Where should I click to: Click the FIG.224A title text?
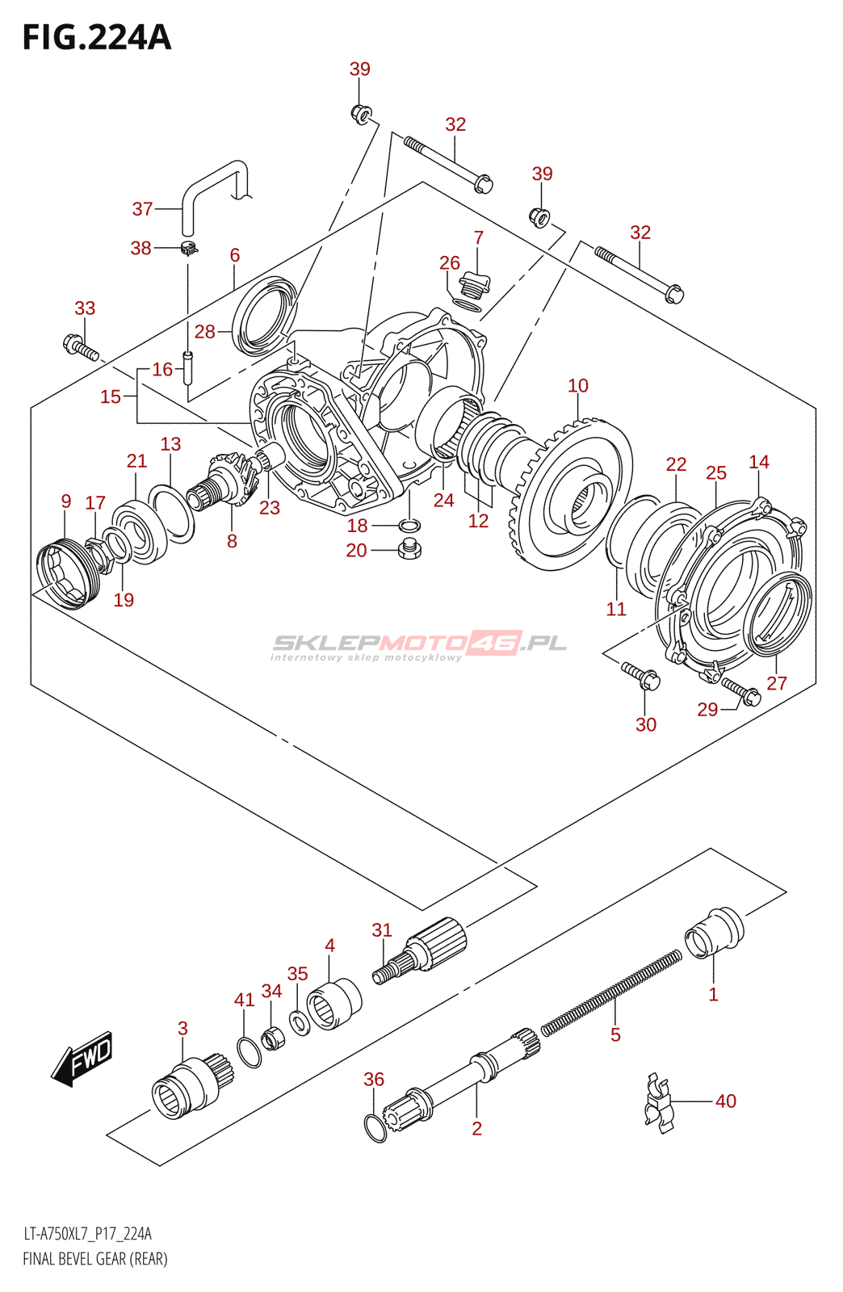pyautogui.click(x=97, y=37)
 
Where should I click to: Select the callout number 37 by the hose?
pyautogui.click(x=142, y=209)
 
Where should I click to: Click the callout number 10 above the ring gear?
pyautogui.click(x=578, y=385)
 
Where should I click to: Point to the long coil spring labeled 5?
pyautogui.click(x=611, y=992)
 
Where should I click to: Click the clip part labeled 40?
pyautogui.click(x=659, y=1101)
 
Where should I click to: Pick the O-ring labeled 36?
pyautogui.click(x=375, y=1127)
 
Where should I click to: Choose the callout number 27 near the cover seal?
pyautogui.click(x=776, y=683)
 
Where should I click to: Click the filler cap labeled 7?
pyautogui.click(x=475, y=285)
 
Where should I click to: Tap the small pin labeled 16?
pyautogui.click(x=187, y=367)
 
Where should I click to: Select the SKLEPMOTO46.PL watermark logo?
pyautogui.click(x=419, y=645)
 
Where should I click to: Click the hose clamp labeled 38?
pyautogui.click(x=189, y=249)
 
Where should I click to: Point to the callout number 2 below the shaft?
pyautogui.click(x=477, y=1128)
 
